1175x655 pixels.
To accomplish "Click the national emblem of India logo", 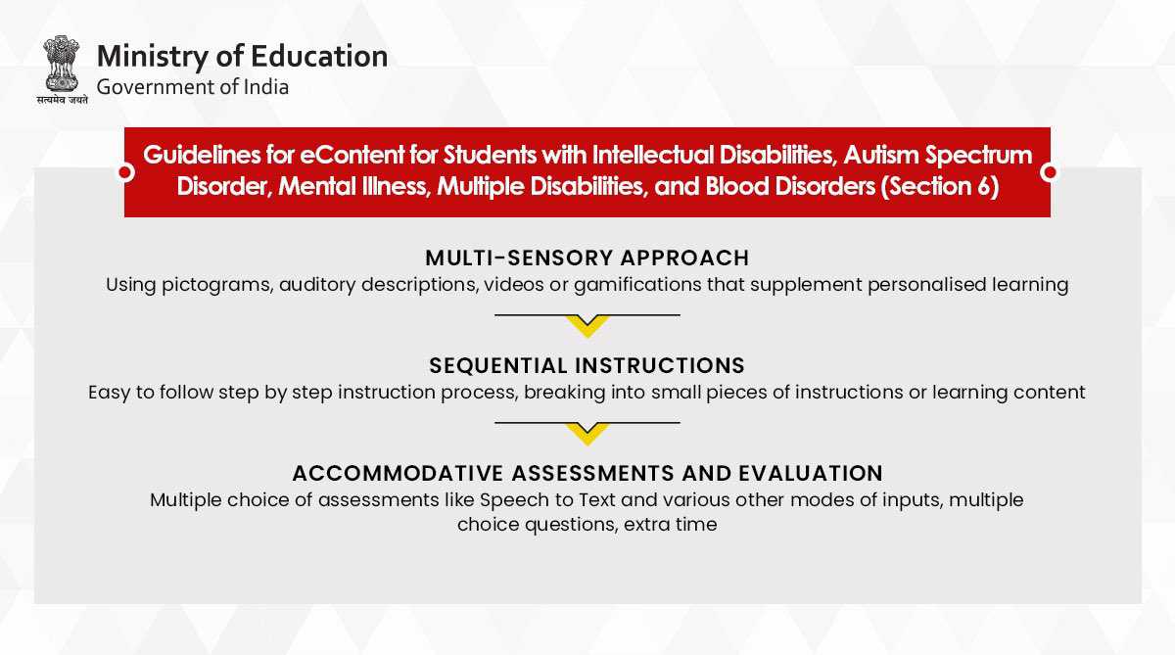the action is [62, 64].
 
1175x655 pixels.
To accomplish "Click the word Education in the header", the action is [319, 56].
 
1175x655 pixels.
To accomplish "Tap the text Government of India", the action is [193, 87].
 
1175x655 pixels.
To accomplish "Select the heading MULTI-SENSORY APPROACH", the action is [587, 258].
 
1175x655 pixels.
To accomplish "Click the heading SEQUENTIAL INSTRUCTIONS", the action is [587, 365].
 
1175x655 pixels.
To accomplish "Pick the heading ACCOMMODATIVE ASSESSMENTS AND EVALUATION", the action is [587, 473].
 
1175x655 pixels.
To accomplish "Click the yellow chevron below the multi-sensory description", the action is [587, 326].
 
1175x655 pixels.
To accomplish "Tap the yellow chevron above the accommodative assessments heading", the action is [587, 434].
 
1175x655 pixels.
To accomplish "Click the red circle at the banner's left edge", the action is [125, 172].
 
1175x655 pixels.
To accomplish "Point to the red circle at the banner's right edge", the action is [1050, 172].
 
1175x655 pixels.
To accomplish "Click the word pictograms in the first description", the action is [217, 285].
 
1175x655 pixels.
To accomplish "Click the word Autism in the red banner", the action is [881, 156].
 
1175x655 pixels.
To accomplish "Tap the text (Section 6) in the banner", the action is [939, 187].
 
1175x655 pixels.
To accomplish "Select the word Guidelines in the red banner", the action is [202, 156].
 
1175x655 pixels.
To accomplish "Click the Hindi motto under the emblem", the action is [63, 100].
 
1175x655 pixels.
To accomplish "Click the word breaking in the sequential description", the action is [564, 393].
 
